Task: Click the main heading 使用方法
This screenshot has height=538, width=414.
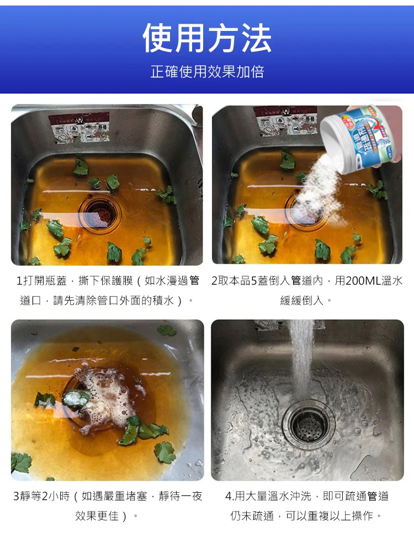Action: coord(207,39)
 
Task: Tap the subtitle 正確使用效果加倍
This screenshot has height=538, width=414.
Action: coord(207,72)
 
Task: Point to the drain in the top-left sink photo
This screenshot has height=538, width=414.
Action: coord(99,210)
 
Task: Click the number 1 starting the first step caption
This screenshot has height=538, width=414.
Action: coord(19,281)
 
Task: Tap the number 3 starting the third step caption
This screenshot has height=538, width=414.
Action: coord(16,497)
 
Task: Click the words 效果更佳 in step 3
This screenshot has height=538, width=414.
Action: coord(97,516)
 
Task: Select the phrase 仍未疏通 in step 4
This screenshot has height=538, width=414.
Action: coord(252,516)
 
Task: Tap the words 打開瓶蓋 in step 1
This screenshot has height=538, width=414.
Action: coord(44,281)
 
